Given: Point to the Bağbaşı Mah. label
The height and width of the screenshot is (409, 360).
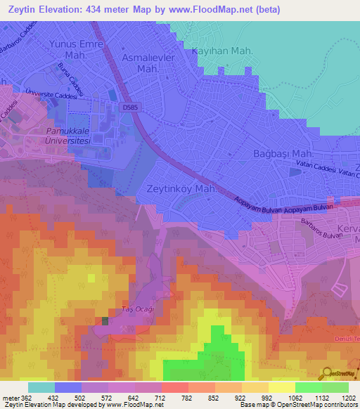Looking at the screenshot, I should click(283, 153).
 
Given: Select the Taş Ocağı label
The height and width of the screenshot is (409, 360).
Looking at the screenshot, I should click(137, 309).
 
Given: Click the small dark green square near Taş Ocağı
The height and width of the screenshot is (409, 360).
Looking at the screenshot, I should click(105, 320).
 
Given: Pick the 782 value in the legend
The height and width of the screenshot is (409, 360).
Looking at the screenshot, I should click(187, 398).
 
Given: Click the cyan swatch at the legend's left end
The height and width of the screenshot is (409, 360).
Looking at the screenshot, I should click(41, 387).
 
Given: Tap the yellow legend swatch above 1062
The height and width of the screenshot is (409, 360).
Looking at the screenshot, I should click(282, 387).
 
